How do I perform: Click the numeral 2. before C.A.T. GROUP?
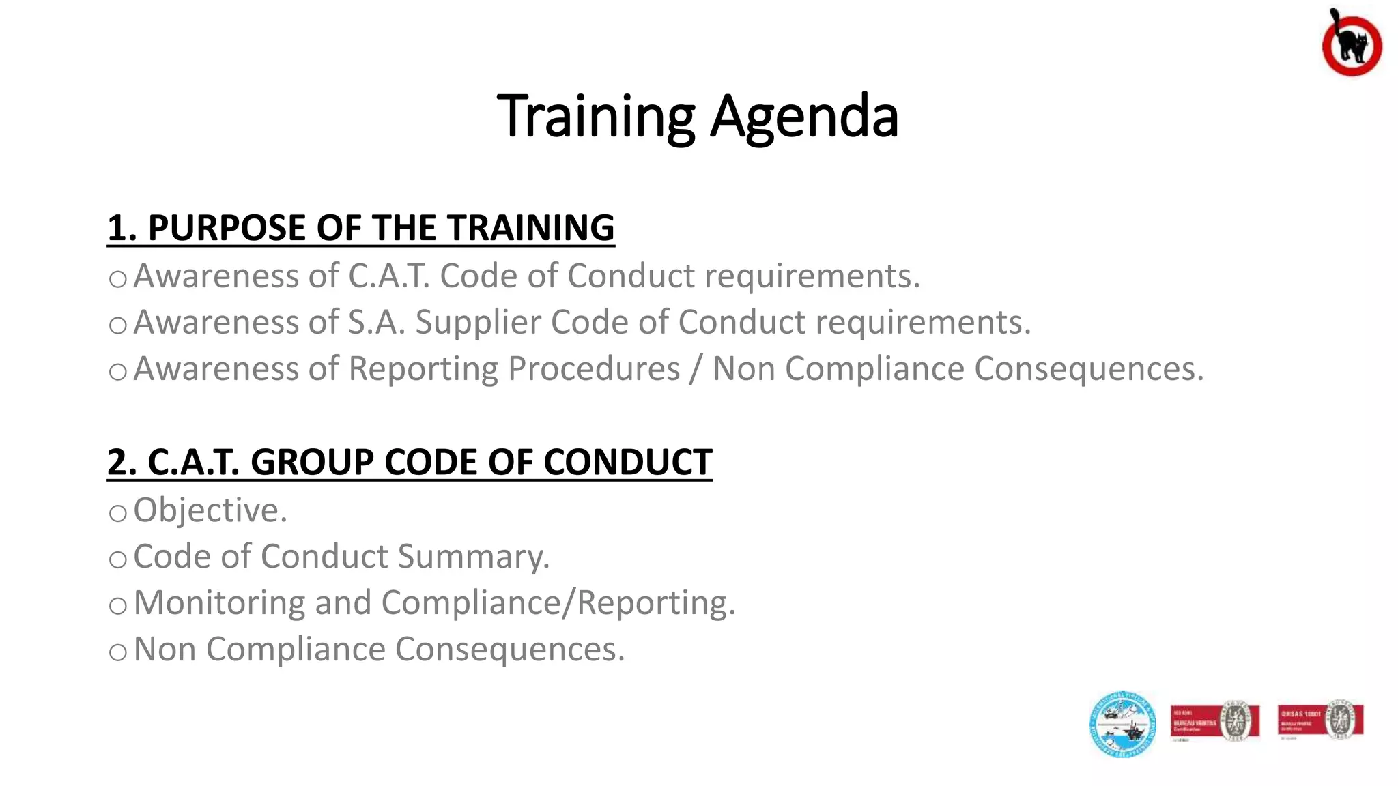tap(122, 462)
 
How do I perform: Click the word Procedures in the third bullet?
tap(593, 368)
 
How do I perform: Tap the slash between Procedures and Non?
tap(696, 368)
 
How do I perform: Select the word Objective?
tap(210, 510)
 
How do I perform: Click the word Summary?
tap(473, 557)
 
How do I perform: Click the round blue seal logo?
tap(1122, 725)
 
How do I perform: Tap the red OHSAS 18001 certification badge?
tap(1320, 720)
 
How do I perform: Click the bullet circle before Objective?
tap(118, 514)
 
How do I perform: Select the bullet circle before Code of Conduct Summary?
tap(118, 560)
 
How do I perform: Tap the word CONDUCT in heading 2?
tap(627, 462)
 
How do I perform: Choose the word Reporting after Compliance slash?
tap(655, 603)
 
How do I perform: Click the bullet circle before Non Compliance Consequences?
tap(118, 653)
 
